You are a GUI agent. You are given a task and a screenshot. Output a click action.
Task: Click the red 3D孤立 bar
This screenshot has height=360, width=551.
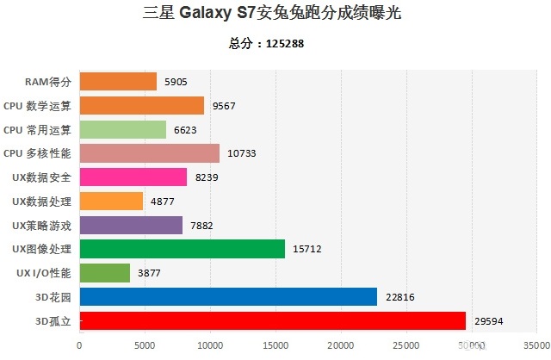[272, 320]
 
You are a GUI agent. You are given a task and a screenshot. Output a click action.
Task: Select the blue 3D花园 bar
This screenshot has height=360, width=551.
[228, 296]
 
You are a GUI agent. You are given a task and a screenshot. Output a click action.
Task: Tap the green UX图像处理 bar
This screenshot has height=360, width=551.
[182, 249]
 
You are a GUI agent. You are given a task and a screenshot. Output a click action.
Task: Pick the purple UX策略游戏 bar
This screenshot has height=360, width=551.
[131, 225]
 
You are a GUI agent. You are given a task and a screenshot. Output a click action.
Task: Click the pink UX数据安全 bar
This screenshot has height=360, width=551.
[133, 177]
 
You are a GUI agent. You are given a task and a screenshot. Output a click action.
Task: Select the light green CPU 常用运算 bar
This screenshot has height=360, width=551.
[122, 129]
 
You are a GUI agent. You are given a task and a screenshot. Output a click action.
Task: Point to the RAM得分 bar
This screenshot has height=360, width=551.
[118, 82]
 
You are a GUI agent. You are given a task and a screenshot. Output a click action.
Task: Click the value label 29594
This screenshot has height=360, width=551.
[489, 321]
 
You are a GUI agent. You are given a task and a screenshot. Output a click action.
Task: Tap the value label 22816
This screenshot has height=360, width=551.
[401, 297]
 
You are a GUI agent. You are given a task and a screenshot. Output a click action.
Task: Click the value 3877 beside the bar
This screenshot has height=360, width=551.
[149, 273]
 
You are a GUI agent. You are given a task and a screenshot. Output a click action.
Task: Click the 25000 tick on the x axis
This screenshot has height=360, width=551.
[406, 346]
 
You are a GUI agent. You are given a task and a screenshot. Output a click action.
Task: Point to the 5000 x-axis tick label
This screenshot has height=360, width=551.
[145, 346]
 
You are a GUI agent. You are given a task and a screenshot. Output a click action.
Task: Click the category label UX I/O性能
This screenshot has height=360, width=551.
[43, 273]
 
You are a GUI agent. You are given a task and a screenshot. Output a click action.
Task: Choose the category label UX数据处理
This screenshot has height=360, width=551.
[42, 201]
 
